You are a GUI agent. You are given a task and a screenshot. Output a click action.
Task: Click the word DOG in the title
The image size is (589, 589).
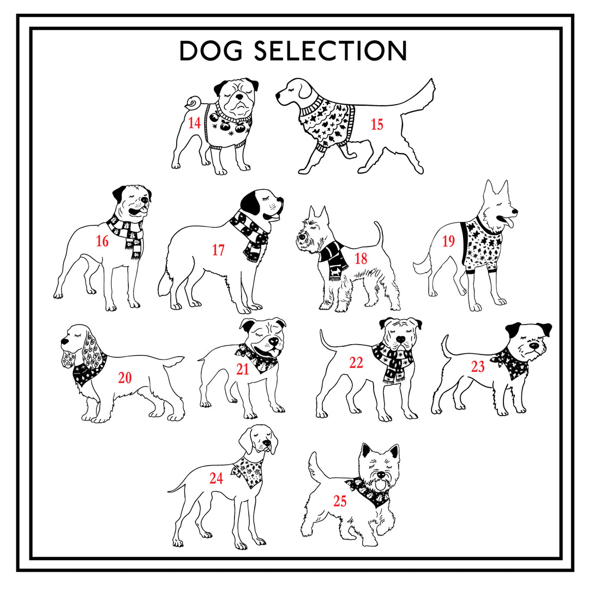(211, 51)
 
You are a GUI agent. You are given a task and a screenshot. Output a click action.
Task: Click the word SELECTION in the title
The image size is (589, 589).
(330, 51)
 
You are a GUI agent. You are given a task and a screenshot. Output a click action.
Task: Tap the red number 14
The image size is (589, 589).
(194, 123)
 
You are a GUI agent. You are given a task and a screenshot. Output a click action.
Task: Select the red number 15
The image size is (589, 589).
(377, 124)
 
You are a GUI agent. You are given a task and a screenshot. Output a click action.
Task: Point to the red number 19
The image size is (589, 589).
(448, 241)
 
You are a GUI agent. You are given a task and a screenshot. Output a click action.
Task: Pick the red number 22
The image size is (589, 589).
(356, 363)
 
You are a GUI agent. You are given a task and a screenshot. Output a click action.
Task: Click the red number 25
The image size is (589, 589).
(340, 501)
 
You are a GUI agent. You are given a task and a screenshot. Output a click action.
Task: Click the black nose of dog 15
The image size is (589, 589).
(278, 95)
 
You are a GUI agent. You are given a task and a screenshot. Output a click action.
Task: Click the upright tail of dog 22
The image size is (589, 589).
(326, 340)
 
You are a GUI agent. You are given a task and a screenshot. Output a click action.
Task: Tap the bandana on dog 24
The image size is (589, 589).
(248, 471)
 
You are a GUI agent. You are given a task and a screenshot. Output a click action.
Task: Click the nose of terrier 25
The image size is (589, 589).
(381, 475)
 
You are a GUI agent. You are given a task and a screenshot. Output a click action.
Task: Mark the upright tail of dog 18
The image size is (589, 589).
(379, 235)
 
